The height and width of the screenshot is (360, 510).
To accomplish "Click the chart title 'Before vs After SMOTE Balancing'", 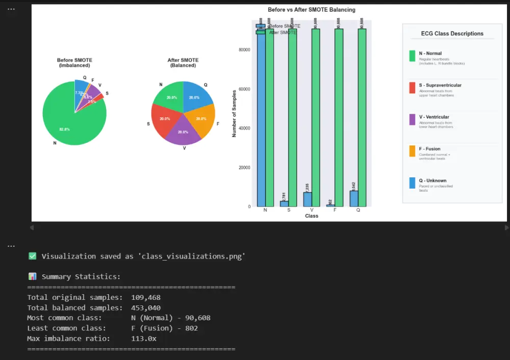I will tap(312, 10).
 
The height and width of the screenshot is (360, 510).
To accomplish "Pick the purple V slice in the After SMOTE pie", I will tap(183, 134).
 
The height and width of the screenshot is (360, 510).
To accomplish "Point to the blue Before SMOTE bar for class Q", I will tap(354, 198).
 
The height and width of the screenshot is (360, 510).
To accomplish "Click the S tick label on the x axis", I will tap(289, 210).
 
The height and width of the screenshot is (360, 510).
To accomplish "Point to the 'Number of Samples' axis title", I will tap(235, 113).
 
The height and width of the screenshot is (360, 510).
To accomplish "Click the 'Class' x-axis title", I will tap(312, 216).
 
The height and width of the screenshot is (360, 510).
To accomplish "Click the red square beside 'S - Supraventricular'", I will tap(412, 88).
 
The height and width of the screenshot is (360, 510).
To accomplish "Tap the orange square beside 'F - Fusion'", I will tap(412, 151).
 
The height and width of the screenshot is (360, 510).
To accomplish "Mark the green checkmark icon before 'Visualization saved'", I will tap(32, 256).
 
